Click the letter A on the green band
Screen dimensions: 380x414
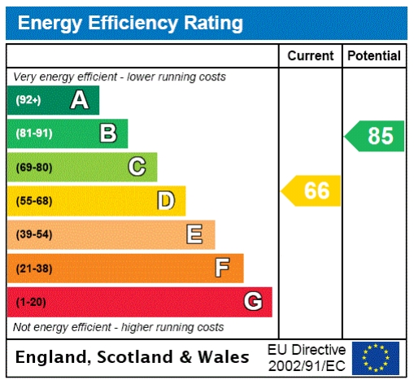[x=79, y=100]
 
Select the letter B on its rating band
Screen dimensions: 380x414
[x=107, y=133]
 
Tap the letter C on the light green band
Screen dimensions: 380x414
[x=137, y=167]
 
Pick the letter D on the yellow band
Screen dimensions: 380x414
[x=166, y=200]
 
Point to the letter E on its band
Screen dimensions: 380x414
[x=194, y=234]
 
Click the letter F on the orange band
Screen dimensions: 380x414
[x=222, y=268]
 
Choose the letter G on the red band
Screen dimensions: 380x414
[x=253, y=302]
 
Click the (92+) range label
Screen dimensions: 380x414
[x=28, y=101]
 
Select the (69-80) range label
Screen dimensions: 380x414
[x=33, y=168]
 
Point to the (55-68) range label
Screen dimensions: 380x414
[x=33, y=201]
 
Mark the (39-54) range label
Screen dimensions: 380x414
[x=33, y=235]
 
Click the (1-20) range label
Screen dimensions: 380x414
[x=31, y=303]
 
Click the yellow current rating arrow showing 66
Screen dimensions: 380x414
[x=312, y=191]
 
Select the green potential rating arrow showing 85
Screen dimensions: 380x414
[x=375, y=136]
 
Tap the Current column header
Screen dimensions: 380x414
[x=311, y=56]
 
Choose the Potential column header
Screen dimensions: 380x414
[x=373, y=56]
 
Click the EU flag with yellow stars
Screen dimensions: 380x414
[x=375, y=357]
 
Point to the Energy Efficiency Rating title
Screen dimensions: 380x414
[x=130, y=24]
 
